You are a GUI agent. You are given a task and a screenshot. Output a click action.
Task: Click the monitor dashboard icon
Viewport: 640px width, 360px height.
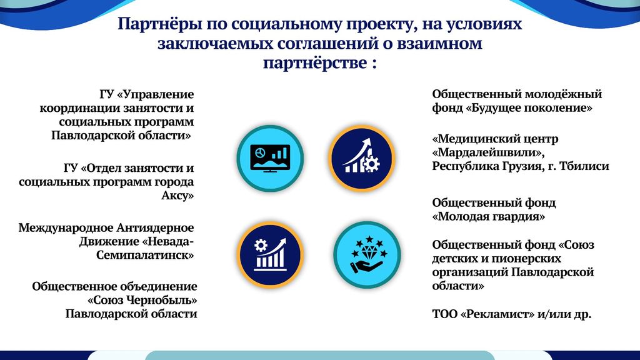270,158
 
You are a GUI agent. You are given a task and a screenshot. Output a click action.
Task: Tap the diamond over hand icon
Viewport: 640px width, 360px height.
367,255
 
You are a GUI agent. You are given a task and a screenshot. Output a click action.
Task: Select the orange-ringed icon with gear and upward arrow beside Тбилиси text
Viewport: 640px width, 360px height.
362,158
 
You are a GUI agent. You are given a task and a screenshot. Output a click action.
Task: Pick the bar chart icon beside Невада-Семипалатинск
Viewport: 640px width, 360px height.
270,255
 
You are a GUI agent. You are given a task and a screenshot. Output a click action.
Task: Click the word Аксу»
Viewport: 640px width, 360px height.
177,195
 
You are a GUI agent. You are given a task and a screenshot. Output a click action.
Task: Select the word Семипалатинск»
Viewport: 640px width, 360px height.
145,255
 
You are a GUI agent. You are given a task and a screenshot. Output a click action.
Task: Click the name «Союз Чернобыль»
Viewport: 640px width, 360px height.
142,300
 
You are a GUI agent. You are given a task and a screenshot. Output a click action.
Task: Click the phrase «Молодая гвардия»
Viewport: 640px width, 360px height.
489,216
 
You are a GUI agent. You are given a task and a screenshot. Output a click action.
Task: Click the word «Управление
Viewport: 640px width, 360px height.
156,94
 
